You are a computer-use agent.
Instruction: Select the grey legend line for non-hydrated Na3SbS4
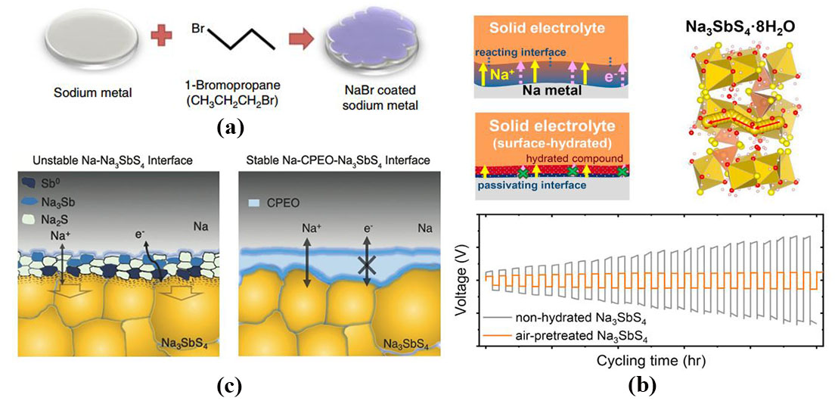[502, 318]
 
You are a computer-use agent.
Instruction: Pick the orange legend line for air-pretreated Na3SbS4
[502, 334]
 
